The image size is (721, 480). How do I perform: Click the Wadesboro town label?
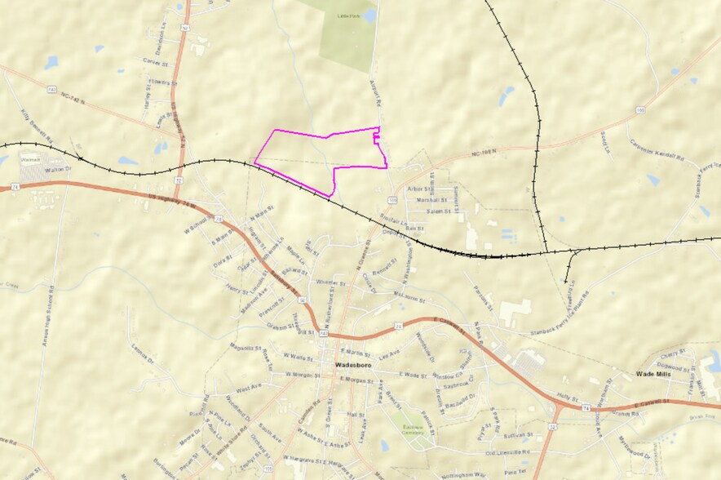coord(353,364)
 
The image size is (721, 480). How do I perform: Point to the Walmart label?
coord(30,161)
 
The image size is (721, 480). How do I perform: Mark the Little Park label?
coord(348,15)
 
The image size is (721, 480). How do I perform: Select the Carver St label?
coord(153,61)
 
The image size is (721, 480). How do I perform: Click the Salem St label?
coord(439,211)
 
